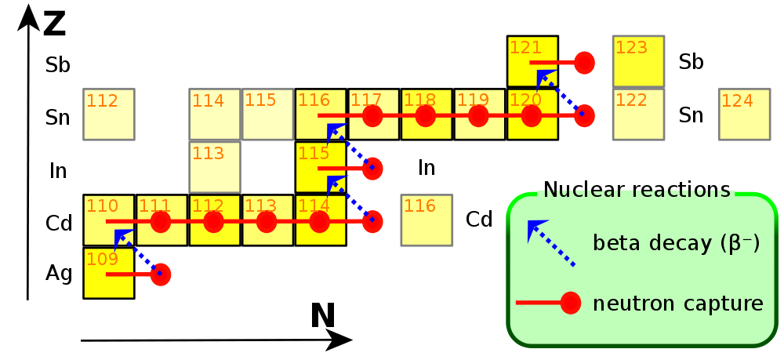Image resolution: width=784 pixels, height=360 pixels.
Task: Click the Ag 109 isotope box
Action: click(109, 274)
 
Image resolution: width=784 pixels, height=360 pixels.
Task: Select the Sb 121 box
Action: click(533, 61)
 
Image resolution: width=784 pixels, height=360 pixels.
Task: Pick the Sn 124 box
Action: click(745, 115)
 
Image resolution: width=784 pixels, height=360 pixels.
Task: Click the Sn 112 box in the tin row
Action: click(109, 115)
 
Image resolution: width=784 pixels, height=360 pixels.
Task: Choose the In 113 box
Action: click(215, 167)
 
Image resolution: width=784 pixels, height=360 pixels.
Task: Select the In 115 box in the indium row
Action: click(321, 167)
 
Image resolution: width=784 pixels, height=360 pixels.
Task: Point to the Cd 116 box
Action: click(426, 220)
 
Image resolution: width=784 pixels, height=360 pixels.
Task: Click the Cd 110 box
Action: click(109, 220)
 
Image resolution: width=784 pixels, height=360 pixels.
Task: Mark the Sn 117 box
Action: click(374, 115)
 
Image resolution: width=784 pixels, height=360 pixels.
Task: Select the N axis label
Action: click(322, 316)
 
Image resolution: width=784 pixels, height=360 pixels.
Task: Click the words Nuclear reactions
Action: click(637, 190)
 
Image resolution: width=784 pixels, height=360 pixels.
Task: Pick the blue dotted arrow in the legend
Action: click(550, 243)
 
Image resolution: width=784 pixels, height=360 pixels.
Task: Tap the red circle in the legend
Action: click(570, 303)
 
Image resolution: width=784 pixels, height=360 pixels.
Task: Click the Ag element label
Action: click(59, 274)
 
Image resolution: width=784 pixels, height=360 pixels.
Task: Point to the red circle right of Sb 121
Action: click(583, 62)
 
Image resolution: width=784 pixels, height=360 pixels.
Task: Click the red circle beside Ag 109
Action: click(162, 274)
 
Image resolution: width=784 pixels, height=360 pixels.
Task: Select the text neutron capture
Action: click(679, 303)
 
